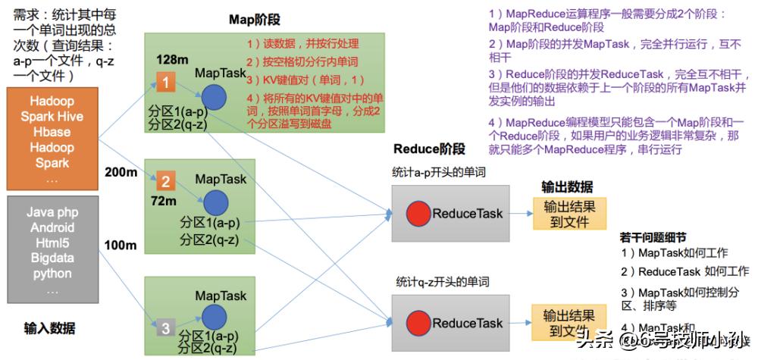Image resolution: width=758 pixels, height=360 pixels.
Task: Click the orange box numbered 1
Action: tap(166, 80)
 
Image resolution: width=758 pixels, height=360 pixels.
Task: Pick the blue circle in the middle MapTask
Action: tap(214, 202)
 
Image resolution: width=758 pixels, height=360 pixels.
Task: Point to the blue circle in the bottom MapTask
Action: tap(214, 315)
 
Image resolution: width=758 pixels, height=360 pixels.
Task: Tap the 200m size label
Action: tap(121, 173)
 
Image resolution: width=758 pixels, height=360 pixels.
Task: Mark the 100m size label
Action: tap(121, 245)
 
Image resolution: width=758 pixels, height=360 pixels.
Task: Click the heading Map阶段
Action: tap(255, 20)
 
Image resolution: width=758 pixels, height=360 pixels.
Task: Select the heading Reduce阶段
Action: tap(429, 149)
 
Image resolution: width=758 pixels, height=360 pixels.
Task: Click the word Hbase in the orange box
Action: tap(51, 132)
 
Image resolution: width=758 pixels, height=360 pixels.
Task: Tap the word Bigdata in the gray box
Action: tap(52, 258)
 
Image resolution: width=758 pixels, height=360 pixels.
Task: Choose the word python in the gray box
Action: tap(52, 274)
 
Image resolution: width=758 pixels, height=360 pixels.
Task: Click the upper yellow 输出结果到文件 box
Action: tap(569, 213)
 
